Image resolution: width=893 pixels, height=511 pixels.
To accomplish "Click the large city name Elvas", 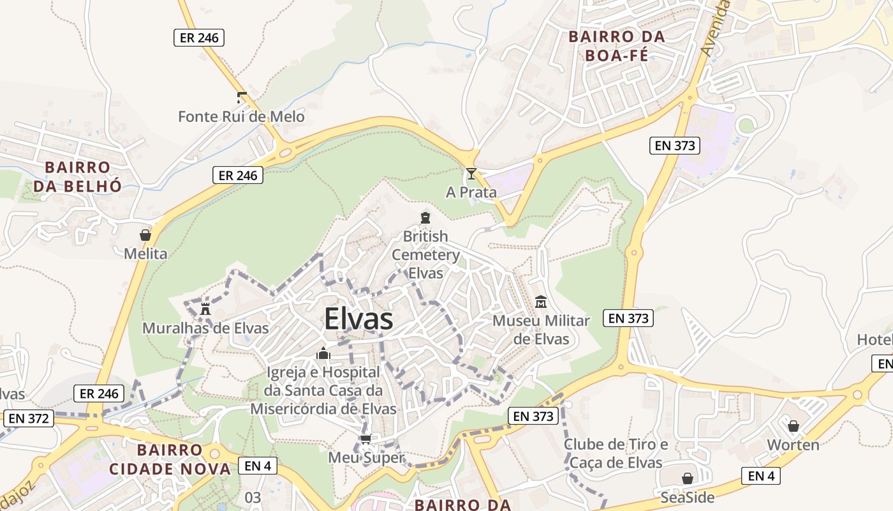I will [358, 319].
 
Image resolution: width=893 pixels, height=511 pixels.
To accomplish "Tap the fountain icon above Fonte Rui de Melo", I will [241, 98].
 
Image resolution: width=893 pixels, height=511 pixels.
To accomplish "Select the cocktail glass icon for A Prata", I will [471, 173].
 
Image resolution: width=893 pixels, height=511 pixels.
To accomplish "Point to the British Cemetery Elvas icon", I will [425, 218].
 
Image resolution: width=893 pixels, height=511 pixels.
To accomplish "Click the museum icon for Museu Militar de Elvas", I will [541, 301].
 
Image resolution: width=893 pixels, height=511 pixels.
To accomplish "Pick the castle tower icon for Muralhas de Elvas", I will [205, 309].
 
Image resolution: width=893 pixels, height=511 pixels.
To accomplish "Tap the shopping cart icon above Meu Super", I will [365, 439].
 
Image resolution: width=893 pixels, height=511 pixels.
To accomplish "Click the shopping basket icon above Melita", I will [145, 235].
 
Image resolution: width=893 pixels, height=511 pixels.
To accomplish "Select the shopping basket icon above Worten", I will [793, 426].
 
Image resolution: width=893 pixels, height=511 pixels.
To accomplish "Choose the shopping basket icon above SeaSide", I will [688, 478].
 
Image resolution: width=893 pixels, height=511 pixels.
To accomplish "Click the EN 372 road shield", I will [29, 419].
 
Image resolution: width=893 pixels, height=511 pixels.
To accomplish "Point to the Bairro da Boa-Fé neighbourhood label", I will [617, 46].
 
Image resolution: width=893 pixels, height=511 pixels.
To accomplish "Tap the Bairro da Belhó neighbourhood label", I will [77, 176].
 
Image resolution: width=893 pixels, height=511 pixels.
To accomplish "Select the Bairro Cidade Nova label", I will [170, 460].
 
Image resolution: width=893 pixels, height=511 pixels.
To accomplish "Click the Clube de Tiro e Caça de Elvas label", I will [616, 454].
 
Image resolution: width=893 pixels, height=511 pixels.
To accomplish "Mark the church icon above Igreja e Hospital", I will [323, 353].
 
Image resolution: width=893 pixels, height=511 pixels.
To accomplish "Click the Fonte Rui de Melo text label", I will [241, 117].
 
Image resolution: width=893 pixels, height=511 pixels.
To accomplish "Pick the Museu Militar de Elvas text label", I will [541, 329].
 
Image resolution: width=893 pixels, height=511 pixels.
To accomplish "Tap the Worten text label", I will [793, 445].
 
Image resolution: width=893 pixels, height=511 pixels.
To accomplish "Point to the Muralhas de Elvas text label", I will [205, 328].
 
